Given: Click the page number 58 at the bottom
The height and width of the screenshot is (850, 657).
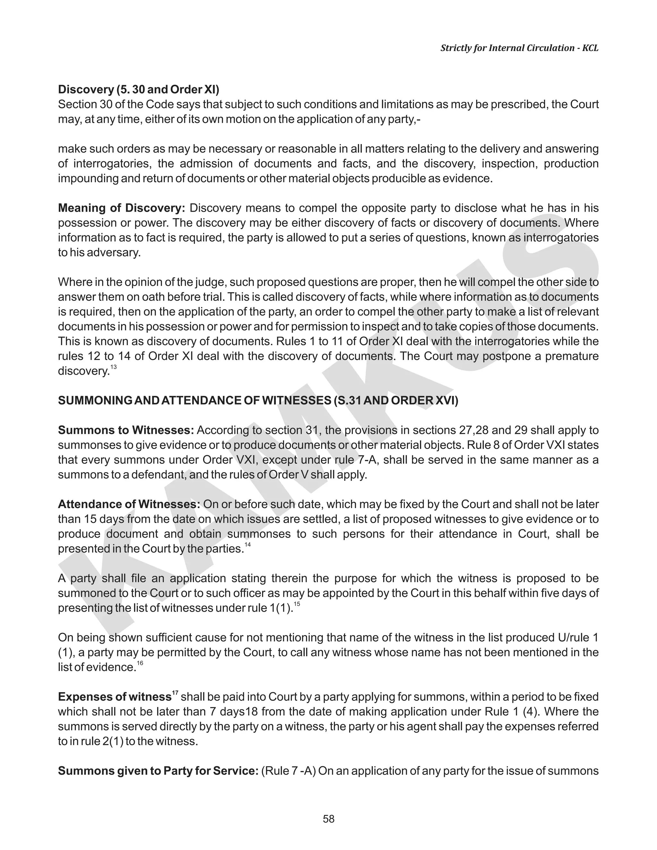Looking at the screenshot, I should coord(328,819).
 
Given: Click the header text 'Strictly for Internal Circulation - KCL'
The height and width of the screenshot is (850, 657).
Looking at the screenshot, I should coord(519,48).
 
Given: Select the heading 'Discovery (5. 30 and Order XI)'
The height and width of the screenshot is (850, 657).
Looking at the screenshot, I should coord(139,89).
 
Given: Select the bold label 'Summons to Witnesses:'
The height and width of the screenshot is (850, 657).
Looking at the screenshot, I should coord(126,430).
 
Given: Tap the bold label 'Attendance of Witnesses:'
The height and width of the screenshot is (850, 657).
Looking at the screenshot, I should coord(129,505).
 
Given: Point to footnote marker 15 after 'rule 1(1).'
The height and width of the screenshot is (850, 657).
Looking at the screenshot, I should coord(297,604).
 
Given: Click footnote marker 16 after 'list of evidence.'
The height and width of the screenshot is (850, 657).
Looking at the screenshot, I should coord(140,663).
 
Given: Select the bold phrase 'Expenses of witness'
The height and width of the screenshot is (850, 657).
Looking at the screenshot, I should coord(115,697).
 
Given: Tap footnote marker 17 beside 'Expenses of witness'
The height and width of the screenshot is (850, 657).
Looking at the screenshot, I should coord(175,693).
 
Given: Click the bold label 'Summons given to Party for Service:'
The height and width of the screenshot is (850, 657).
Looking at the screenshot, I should coord(158,771).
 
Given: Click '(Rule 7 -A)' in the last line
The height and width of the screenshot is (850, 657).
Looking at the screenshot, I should coord(288,771).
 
